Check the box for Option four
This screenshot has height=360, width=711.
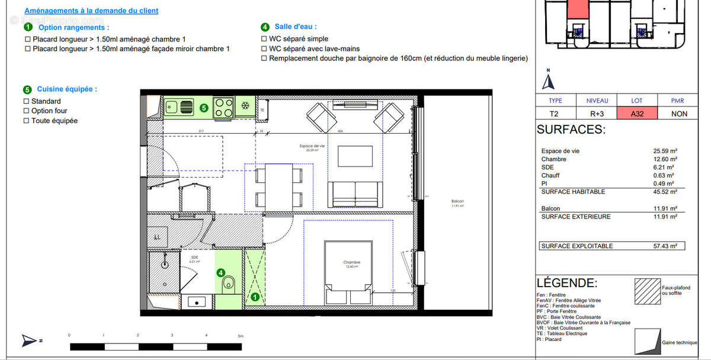point(26,111)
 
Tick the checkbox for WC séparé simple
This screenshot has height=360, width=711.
point(264,39)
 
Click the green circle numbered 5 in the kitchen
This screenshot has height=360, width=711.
point(204,108)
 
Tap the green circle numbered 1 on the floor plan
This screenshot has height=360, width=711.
point(255,297)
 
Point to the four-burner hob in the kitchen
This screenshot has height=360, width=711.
point(223,107)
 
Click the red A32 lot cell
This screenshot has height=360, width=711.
point(636,114)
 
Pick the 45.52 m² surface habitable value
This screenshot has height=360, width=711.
point(665,192)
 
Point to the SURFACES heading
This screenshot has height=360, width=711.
point(571,130)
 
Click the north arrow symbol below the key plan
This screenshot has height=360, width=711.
point(549,80)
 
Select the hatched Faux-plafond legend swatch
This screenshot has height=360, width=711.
point(647,291)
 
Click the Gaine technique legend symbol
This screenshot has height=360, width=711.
point(647,341)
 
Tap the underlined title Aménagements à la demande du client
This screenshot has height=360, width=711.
point(91,11)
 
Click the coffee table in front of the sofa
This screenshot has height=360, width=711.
point(355,157)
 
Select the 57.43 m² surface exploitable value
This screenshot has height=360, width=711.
point(665,246)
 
